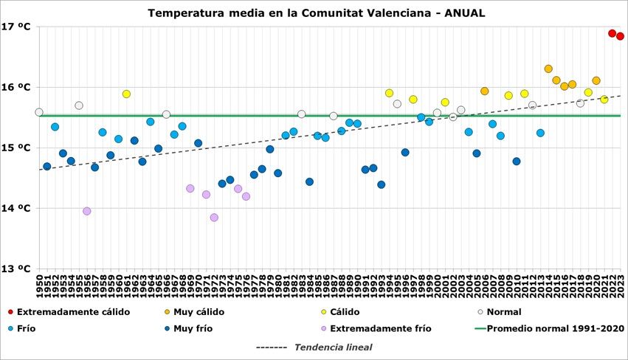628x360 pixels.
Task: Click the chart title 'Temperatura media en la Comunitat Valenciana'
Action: pyautogui.click(x=316, y=13)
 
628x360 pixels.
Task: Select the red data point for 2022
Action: pyautogui.click(x=612, y=33)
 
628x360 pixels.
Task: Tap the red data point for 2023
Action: pyautogui.click(x=620, y=36)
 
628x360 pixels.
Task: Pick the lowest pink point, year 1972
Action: pyautogui.click(x=214, y=218)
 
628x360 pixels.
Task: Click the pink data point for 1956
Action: pyautogui.click(x=86, y=211)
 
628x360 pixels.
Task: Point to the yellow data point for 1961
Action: pyautogui.click(x=126, y=94)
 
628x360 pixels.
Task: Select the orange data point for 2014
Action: pyautogui.click(x=548, y=69)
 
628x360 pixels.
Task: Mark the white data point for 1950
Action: pyautogui.click(x=38, y=112)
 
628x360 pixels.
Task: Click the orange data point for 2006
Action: pyautogui.click(x=484, y=91)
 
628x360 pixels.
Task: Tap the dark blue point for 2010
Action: pyautogui.click(x=517, y=162)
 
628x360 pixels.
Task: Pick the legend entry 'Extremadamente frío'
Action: pyautogui.click(x=380, y=329)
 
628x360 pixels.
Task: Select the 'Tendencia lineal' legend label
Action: pyautogui.click(x=333, y=347)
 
